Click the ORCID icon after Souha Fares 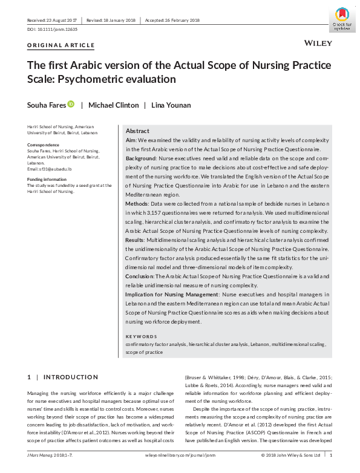coord(71,105)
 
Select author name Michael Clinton coord(114,105)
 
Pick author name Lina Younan coord(171,105)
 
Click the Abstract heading coord(137,131)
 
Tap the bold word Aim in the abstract coord(131,140)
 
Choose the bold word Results coord(136,240)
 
